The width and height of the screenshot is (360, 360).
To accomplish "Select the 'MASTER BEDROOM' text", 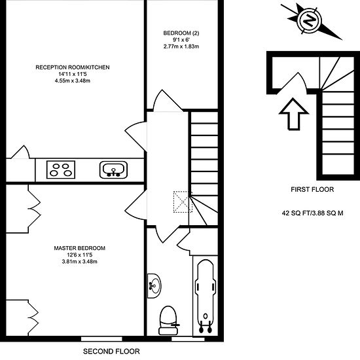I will [x=79, y=248].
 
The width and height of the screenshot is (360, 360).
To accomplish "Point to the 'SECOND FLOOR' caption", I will [x=111, y=351].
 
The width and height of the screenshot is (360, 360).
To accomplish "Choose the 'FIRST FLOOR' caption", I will [x=312, y=190].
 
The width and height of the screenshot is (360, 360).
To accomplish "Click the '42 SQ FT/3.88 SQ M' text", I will [x=312, y=213].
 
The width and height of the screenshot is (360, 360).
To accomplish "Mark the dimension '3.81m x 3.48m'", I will [x=79, y=262].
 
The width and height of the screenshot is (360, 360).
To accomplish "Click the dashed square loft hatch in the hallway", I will [x=181, y=200].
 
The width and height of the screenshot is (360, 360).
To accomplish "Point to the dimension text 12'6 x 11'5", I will [x=79, y=255].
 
